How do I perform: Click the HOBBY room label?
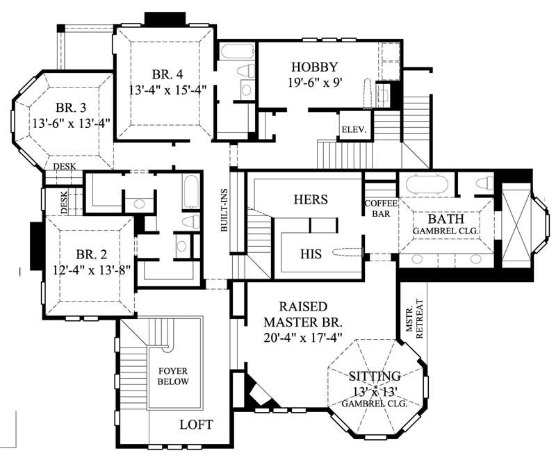tap(314, 67)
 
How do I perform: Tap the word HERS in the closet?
tap(310, 199)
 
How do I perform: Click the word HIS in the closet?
tap(311, 254)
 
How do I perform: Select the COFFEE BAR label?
tap(380, 209)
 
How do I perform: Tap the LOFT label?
tap(197, 425)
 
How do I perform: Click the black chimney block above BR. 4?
tap(164, 18)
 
